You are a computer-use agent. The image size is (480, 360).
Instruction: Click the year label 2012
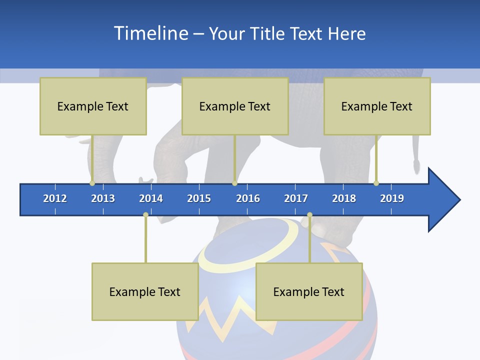55,198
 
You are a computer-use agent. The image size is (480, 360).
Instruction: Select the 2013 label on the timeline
103,198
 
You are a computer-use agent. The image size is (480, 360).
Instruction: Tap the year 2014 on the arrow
151,198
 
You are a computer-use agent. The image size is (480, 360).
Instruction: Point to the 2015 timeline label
199,198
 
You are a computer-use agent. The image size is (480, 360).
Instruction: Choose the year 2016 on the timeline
248,198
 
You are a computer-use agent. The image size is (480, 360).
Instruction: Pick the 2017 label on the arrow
296,198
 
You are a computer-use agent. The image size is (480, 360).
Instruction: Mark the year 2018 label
344,198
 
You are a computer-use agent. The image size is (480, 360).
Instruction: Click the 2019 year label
392,198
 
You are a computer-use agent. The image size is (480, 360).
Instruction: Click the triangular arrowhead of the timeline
443,200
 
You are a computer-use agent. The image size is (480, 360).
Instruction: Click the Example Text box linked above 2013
93,106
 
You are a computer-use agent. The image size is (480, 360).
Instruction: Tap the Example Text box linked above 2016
235,106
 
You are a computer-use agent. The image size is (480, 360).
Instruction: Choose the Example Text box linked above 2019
377,106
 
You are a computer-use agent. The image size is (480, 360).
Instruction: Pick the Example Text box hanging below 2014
145,291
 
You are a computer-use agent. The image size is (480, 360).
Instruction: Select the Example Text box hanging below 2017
309,291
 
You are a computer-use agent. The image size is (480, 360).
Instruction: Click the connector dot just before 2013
92,183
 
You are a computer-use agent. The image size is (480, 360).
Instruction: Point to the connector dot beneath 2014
145,215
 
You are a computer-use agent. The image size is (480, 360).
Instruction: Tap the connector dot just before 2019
376,183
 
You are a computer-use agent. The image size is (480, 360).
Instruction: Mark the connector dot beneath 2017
309,215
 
